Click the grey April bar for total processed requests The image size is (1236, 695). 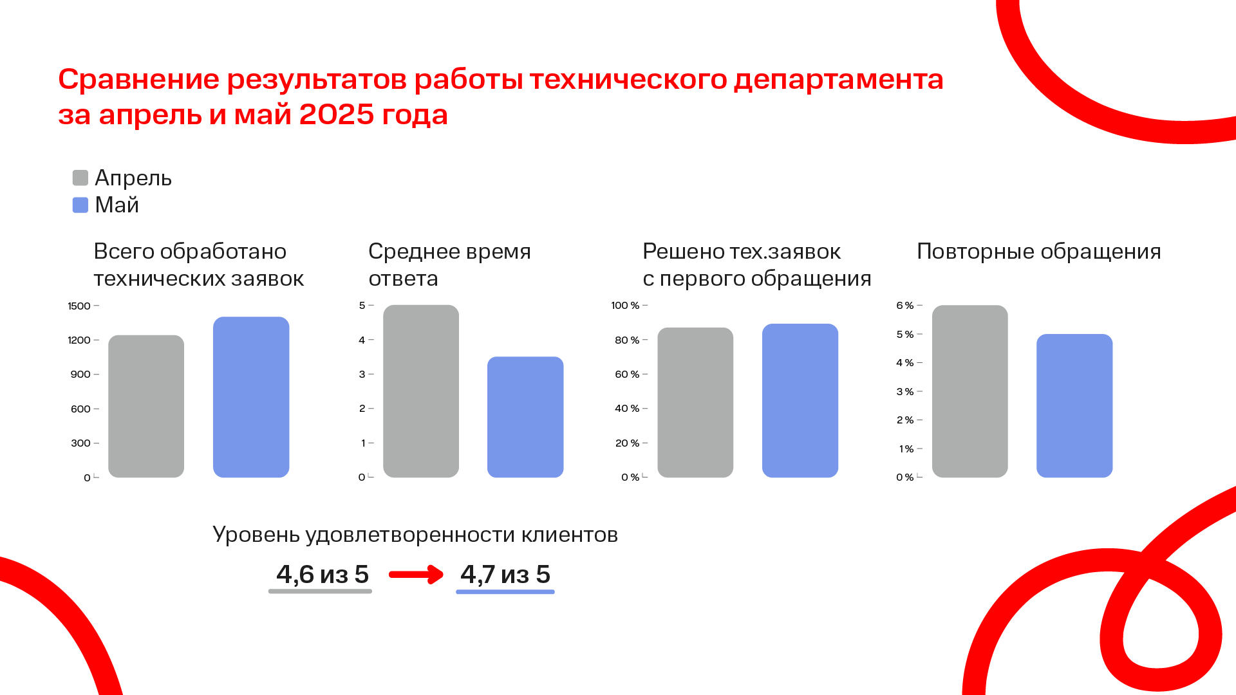pyautogui.click(x=146, y=406)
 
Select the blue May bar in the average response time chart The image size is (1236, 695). pyautogui.click(x=525, y=417)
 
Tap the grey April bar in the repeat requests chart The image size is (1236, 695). pyautogui.click(x=969, y=391)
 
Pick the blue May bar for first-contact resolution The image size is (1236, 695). pyautogui.click(x=800, y=400)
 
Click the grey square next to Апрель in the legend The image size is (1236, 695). pyautogui.click(x=80, y=178)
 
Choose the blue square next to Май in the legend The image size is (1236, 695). pyautogui.click(x=80, y=205)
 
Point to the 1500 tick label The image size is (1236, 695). pyautogui.click(x=79, y=306)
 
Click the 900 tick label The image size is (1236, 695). pyautogui.click(x=80, y=374)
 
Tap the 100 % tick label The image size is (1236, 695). pyautogui.click(x=625, y=305)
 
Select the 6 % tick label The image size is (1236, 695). pyautogui.click(x=904, y=305)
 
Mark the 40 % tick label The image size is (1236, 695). pyautogui.click(x=627, y=408)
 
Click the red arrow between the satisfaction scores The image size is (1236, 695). pyautogui.click(x=416, y=574)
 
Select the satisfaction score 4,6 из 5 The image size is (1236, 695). pyautogui.click(x=323, y=574)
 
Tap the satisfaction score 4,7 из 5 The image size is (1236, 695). pyautogui.click(x=505, y=574)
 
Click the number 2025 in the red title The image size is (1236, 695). pyautogui.click(x=337, y=115)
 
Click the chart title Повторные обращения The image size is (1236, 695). pyautogui.click(x=1039, y=252)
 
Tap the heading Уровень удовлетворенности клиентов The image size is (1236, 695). pyautogui.click(x=415, y=535)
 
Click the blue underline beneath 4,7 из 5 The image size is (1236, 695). pyautogui.click(x=505, y=591)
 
